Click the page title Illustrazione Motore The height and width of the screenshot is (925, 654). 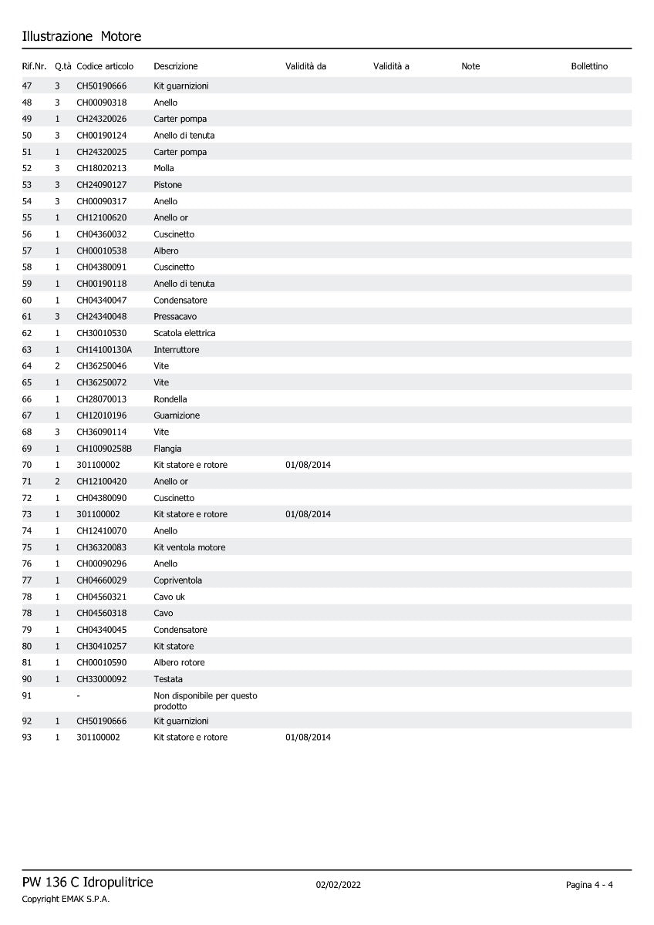pos(82,36)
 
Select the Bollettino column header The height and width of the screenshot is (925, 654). pos(589,66)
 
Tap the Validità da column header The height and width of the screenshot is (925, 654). pos(306,66)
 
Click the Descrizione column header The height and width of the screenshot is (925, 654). pos(176,66)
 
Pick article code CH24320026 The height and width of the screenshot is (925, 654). pos(102,119)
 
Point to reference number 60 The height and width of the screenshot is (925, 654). pos(27,300)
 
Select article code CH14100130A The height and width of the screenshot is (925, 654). pos(104,350)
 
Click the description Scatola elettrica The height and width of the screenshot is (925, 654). pos(184,333)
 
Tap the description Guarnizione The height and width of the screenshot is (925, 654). pos(177,415)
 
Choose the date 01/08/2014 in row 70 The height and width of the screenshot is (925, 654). pos(308,465)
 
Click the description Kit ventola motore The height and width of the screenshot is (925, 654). pos(190,547)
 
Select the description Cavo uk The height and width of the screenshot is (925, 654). pos(170,597)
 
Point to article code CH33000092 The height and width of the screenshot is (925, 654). pos(102,679)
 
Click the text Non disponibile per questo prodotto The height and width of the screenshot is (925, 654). pos(205,701)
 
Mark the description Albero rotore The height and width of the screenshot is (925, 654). pos(180,662)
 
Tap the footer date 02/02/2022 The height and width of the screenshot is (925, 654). pos(339,885)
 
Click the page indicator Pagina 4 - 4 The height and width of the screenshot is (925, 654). pos(589,885)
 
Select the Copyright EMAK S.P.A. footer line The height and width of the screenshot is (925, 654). pos(66,899)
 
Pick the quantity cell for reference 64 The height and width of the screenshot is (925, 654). pos(57,366)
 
